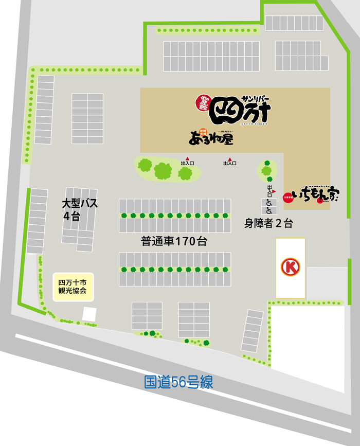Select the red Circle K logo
(x=290, y=267)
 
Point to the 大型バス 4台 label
(x=79, y=209)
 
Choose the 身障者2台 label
(x=268, y=224)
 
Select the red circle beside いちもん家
(x=287, y=198)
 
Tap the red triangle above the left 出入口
(x=187, y=158)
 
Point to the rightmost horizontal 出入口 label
(x=229, y=164)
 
